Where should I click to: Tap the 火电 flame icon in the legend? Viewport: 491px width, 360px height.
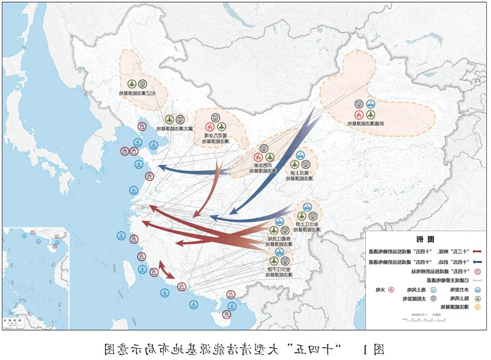click(391, 289)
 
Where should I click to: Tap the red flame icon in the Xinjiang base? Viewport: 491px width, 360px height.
click(359, 115)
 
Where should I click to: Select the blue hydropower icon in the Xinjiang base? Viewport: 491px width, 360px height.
click(371, 104)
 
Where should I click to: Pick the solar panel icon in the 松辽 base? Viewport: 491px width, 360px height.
click(143, 84)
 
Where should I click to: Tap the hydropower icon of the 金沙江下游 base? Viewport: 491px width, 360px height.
click(280, 252)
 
